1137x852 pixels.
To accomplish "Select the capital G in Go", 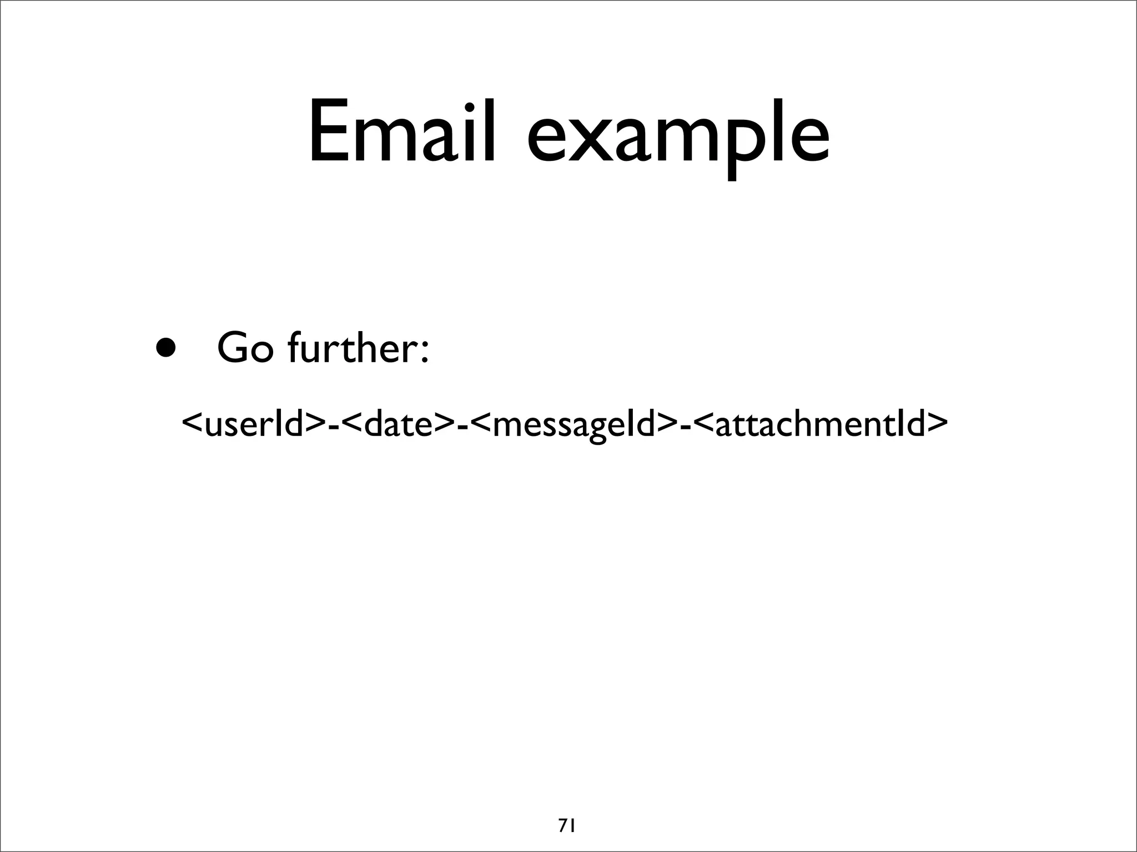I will [234, 348].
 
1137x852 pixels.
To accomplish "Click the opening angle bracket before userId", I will [193, 424].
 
